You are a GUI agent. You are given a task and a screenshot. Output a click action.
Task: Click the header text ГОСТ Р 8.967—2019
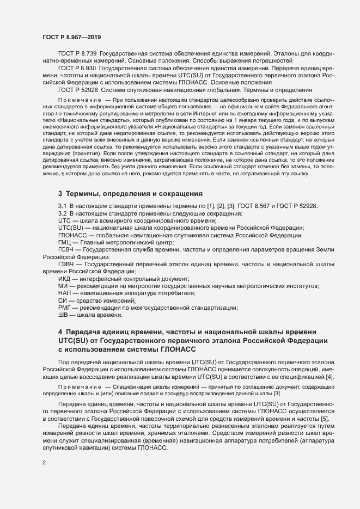point(71,36)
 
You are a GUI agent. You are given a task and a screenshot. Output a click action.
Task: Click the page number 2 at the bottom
point(44,463)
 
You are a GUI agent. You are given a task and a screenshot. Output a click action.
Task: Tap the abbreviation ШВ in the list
point(63,315)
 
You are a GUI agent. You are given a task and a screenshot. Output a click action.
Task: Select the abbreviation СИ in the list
point(62,301)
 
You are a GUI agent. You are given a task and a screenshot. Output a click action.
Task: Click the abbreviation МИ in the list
point(62,286)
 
